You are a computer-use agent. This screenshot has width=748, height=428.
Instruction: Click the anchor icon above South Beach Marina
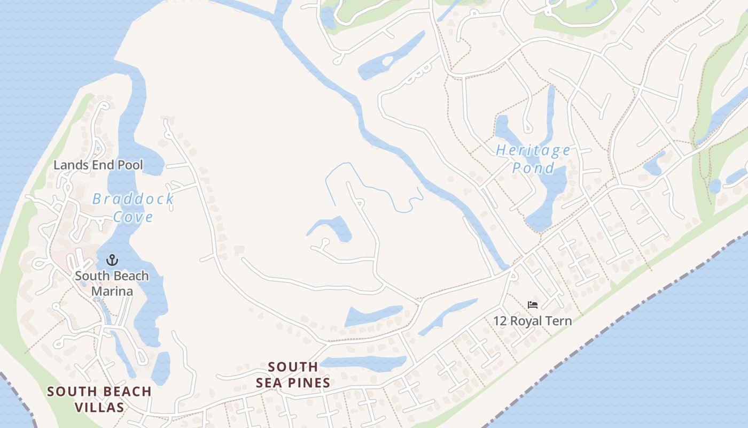(x=112, y=261)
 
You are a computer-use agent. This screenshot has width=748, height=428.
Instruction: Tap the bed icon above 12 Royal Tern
(x=532, y=305)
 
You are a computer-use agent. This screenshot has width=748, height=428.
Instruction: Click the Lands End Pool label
(x=98, y=165)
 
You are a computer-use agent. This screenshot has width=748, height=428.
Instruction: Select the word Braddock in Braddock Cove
(x=133, y=199)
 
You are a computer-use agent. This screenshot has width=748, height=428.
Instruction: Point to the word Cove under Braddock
(x=133, y=217)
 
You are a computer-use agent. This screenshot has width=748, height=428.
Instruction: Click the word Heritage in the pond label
(x=533, y=150)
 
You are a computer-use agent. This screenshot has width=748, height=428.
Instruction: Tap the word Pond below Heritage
(x=533, y=168)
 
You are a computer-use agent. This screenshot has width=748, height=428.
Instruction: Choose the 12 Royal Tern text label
(x=532, y=321)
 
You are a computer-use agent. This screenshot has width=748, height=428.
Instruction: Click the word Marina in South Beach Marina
(x=112, y=292)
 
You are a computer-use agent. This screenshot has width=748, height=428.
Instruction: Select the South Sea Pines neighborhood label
(x=293, y=375)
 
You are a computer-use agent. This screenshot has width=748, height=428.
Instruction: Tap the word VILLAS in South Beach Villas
(x=99, y=407)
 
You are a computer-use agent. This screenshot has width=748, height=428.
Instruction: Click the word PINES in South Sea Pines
(x=307, y=383)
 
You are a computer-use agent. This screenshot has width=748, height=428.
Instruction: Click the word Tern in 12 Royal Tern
(x=559, y=321)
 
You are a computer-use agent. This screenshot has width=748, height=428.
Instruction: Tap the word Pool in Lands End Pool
(x=130, y=165)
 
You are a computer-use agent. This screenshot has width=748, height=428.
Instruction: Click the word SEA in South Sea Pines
(x=267, y=383)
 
